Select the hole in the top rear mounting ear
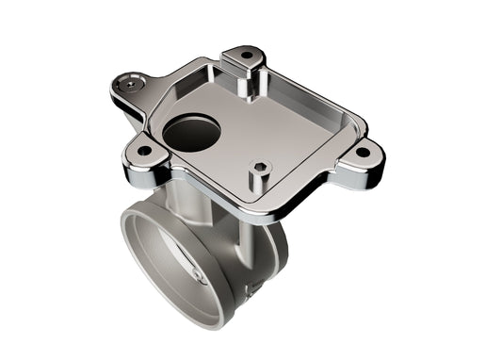pyautogui.click(x=246, y=55)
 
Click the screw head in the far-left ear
pyautogui.click(x=126, y=85)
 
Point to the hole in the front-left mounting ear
pyautogui.click(x=143, y=150)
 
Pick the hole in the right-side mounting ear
pyautogui.click(x=362, y=151)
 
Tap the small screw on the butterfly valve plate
pyautogui.click(x=197, y=278)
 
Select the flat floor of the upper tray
pyautogui.click(x=283, y=132)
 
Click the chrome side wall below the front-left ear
pyautogui.click(x=141, y=172)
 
